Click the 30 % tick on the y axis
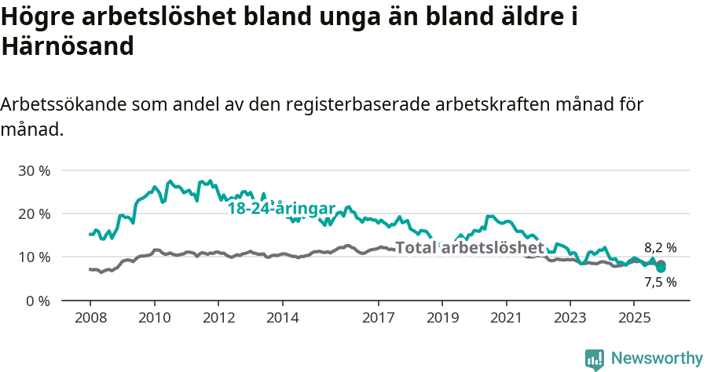tap(34, 170)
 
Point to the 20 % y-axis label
tap(34, 213)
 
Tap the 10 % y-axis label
tap(34, 257)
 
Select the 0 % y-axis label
tap(38, 301)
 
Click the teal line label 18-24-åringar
tap(281, 209)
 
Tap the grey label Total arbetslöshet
tap(470, 248)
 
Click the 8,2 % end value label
tap(660, 247)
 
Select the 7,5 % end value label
tap(660, 282)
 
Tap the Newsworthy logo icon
tap(595, 359)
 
